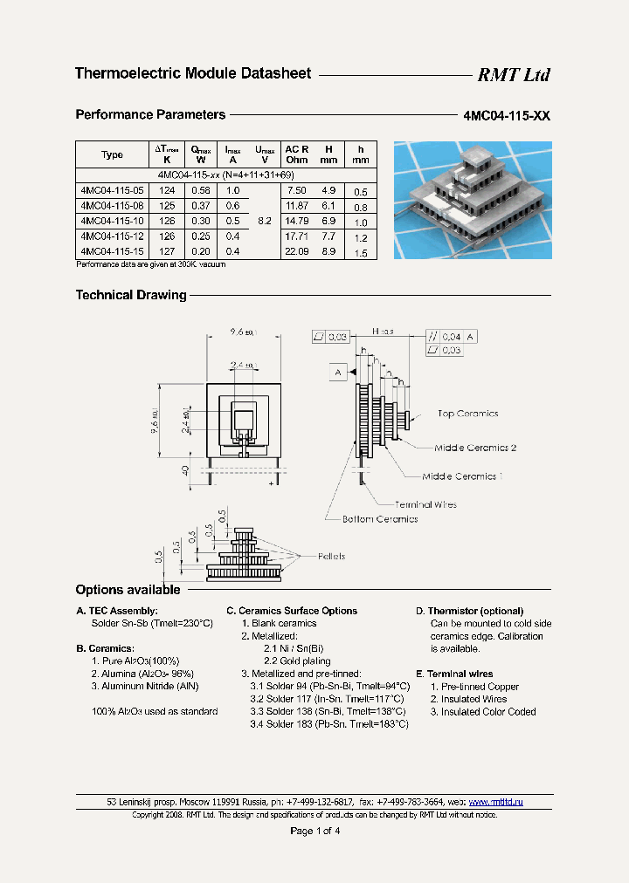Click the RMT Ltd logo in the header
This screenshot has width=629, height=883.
tap(513, 75)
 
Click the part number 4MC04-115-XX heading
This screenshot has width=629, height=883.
tap(507, 116)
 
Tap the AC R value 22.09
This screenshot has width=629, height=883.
tap(297, 251)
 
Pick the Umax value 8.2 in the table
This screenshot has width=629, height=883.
tap(264, 221)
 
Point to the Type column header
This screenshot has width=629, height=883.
tap(112, 154)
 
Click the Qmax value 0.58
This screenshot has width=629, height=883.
tap(201, 190)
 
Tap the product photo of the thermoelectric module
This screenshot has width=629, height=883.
tap(473, 200)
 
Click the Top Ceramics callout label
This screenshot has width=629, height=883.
tap(467, 414)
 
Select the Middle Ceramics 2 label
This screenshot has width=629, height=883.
tap(475, 448)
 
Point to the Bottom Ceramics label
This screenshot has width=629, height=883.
tap(379, 519)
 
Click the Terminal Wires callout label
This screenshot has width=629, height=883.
tap(425, 504)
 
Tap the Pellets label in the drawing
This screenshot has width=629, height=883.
tap(331, 556)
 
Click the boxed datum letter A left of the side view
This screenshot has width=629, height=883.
tap(337, 373)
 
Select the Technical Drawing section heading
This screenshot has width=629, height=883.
tap(131, 295)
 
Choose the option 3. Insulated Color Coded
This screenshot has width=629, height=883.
tap(482, 712)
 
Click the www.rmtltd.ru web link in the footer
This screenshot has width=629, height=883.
tap(495, 802)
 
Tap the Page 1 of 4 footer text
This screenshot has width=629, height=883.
tap(314, 831)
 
